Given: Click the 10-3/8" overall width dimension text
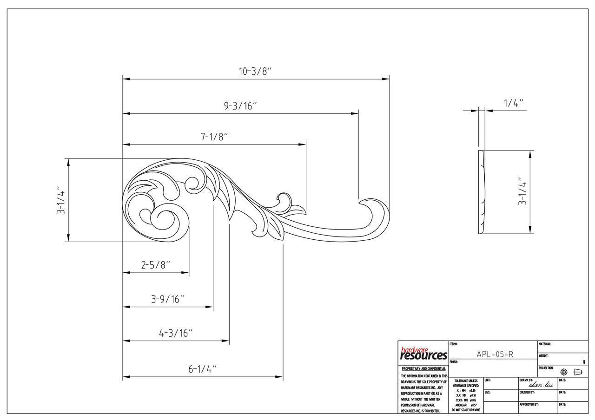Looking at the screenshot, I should (255, 72).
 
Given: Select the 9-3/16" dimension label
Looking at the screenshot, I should (240, 106).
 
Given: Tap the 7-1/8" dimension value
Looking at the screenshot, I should (214, 137).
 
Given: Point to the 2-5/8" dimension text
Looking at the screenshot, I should (156, 265).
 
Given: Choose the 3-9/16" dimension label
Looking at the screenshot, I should (168, 299).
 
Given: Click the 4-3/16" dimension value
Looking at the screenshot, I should (176, 333).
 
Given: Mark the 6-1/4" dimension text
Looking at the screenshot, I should (203, 369).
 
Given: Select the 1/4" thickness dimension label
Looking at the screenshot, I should (514, 103).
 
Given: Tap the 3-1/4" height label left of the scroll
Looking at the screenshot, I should (60, 200).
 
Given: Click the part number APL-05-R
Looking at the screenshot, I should (495, 354).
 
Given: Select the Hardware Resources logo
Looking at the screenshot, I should (423, 354).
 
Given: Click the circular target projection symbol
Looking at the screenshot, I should (564, 372).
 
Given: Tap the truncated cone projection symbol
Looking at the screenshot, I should (578, 372).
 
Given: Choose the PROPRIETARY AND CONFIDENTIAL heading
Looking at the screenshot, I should (423, 369).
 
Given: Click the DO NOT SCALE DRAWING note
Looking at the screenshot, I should (466, 410).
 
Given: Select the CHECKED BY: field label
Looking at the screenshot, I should (527, 392).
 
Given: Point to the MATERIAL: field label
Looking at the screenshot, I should (545, 344).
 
